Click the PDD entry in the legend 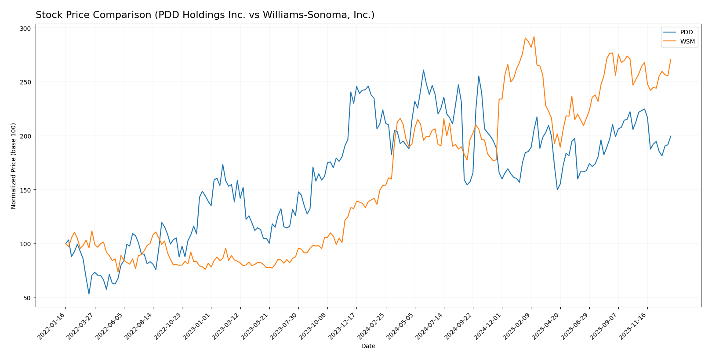686,33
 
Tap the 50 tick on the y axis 27,298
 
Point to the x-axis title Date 368,346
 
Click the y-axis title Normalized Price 14,166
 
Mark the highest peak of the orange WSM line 534,37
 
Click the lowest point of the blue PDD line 89,294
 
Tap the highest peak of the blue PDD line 423,70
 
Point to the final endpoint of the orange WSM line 671,59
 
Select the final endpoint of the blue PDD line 671,136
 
